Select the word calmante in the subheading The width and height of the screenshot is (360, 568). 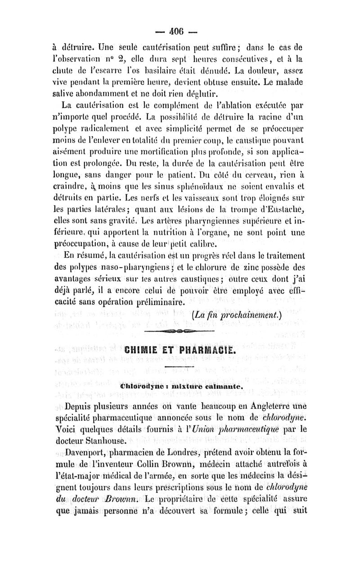tap(222, 386)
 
